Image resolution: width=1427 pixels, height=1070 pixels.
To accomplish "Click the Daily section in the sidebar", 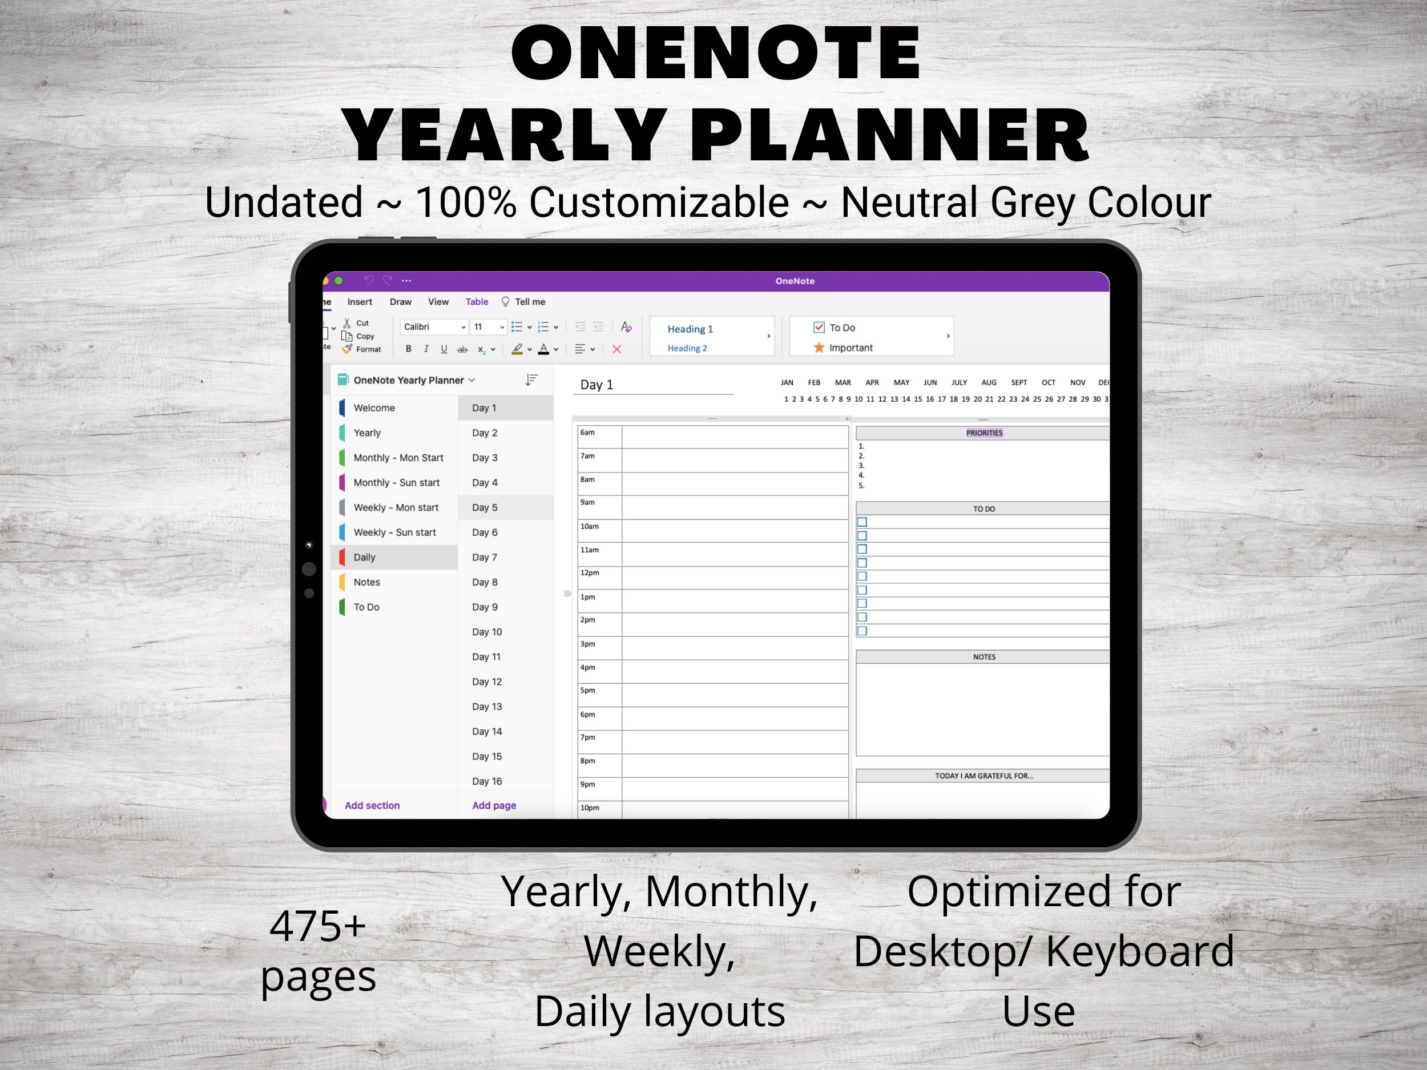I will [x=365, y=557].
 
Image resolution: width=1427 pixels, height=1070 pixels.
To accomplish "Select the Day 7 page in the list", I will [x=485, y=557].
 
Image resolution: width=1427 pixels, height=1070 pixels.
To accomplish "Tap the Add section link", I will [x=372, y=806].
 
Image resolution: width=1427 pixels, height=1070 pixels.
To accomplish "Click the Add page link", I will [x=494, y=806].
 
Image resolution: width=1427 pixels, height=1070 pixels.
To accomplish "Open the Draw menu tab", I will [x=400, y=302].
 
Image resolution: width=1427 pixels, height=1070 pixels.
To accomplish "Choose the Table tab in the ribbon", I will [x=477, y=302].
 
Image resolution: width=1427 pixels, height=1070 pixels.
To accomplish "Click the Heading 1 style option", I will [x=690, y=329].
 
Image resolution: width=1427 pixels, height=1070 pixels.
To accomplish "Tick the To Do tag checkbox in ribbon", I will [x=819, y=327].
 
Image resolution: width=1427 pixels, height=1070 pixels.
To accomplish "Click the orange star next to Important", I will [x=819, y=348].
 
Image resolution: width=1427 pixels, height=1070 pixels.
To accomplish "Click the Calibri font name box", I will [x=432, y=327].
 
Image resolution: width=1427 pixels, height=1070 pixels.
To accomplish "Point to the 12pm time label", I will [x=590, y=573].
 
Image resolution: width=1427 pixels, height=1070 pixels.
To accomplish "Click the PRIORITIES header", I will [x=984, y=433].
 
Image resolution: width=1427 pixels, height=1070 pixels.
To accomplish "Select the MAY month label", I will [x=901, y=382].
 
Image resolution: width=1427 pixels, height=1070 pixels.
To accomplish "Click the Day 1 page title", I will [x=596, y=385].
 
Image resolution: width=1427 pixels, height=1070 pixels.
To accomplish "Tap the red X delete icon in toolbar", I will [x=616, y=349].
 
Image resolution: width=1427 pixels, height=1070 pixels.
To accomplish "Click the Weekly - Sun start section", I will [x=394, y=532].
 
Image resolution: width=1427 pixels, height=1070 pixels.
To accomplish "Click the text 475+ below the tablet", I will [x=317, y=927].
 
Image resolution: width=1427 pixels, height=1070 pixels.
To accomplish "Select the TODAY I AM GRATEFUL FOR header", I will [x=984, y=776].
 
